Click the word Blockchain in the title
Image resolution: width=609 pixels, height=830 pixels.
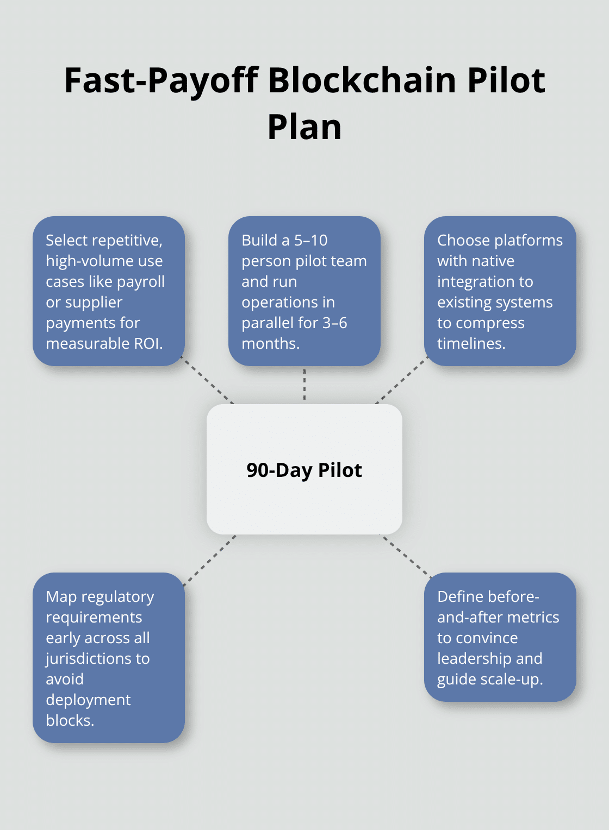tap(362, 80)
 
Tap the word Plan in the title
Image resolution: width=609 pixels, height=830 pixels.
tap(304, 127)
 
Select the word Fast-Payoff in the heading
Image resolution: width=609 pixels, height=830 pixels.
tap(161, 80)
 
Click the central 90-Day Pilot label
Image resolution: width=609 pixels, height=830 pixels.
tap(304, 470)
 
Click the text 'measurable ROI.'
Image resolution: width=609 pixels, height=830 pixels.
tap(104, 344)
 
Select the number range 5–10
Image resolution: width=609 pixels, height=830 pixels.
tap(310, 241)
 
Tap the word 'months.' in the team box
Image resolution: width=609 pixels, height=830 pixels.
tap(270, 344)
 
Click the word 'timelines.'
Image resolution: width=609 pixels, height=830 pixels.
tap(471, 344)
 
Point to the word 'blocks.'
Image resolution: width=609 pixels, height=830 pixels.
tap(70, 721)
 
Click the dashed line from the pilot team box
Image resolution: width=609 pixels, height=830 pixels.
tap(304, 385)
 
